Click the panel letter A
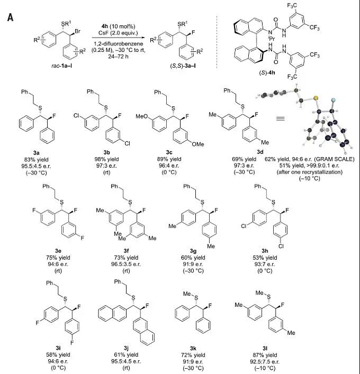pos(10,17)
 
